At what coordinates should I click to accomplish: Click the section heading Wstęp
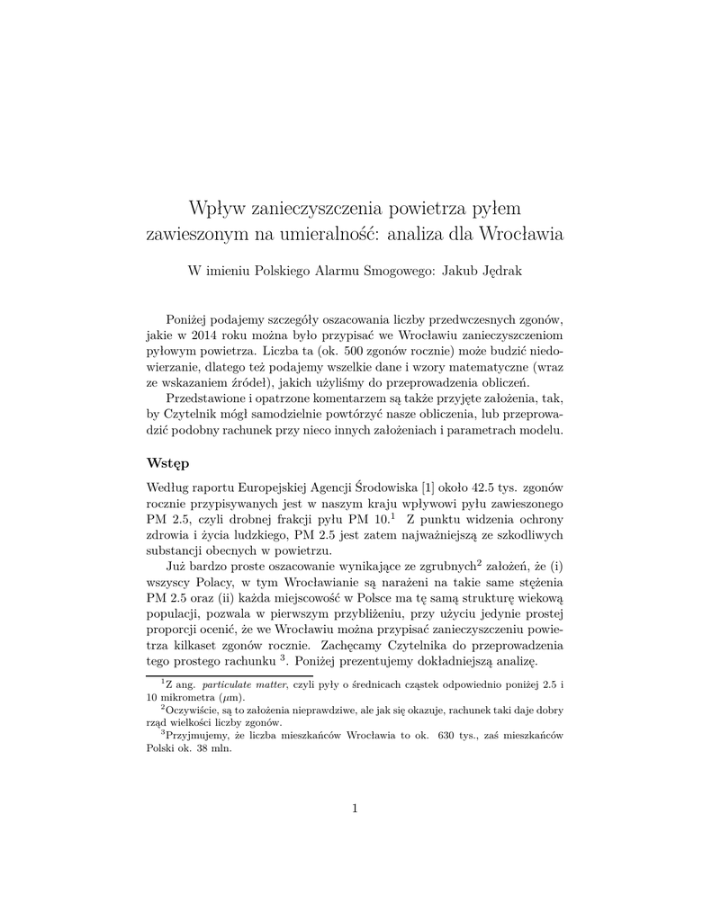pos(167,464)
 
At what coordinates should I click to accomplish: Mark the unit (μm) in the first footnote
pos(229,697)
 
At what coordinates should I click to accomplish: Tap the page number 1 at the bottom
pos(356,808)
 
